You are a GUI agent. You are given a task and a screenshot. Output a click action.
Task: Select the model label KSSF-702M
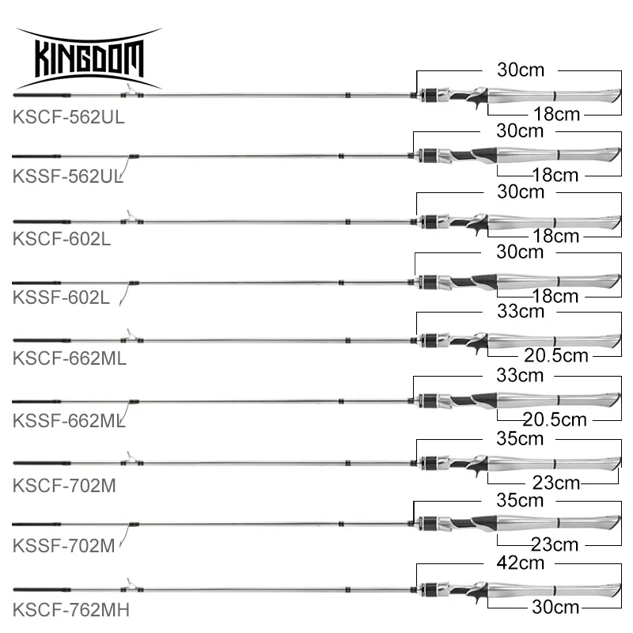(x=64, y=547)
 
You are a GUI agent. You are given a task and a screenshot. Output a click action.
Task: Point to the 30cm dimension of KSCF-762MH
(x=555, y=607)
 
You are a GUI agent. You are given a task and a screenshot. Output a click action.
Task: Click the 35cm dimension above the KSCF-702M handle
(x=520, y=437)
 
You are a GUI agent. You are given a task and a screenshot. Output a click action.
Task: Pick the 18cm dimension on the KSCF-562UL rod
(x=555, y=115)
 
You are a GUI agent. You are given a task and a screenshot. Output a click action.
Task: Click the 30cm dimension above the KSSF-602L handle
(x=520, y=252)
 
